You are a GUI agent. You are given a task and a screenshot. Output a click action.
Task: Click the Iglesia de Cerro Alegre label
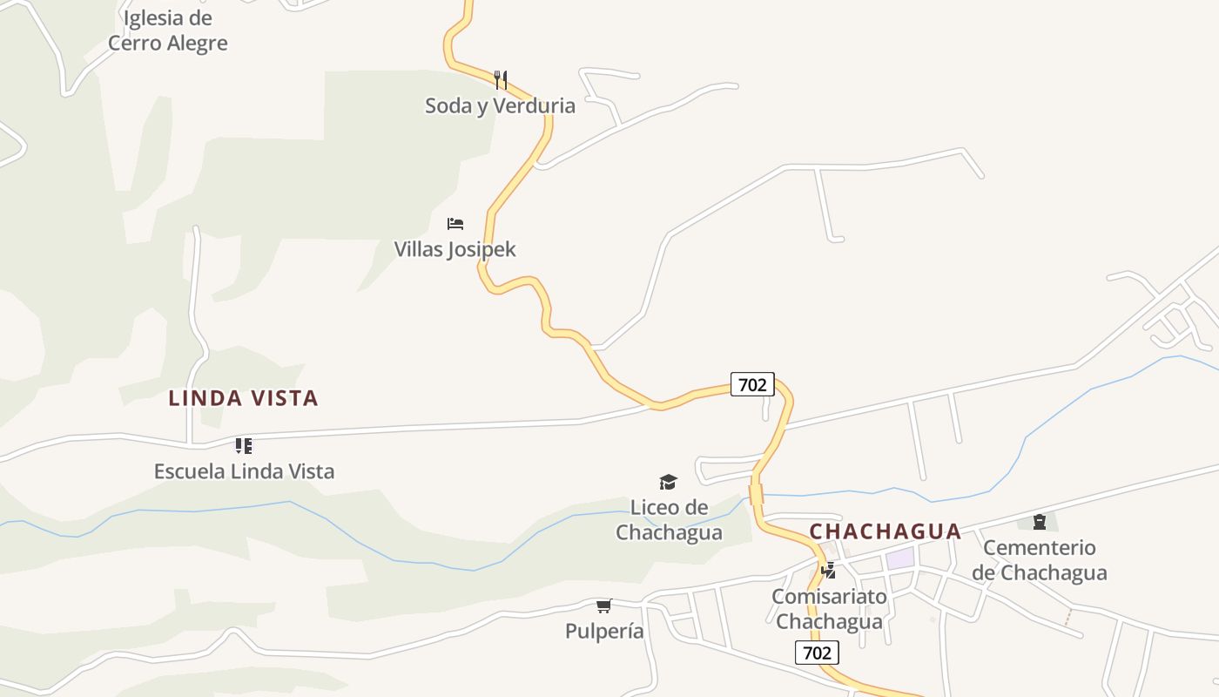pos(167,30)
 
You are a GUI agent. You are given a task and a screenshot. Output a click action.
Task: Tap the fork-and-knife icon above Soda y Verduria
pos(501,80)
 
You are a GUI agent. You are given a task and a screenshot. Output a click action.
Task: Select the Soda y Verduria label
pos(500,106)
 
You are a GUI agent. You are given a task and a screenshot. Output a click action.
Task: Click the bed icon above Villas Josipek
pos(455,224)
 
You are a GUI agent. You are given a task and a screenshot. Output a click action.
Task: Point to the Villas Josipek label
pos(455,250)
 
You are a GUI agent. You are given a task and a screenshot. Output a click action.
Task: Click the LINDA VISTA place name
pos(243,399)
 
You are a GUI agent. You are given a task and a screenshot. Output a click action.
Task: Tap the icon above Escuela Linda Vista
pos(244,446)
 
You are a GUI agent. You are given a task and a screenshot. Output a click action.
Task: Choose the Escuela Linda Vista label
pos(244,472)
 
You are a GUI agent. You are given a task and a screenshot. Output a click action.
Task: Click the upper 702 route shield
pos(751,384)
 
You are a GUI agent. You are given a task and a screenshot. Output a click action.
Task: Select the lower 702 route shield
pos(817,653)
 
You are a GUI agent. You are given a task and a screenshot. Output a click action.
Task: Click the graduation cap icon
pos(668,482)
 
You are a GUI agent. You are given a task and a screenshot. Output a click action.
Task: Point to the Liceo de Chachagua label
pos(669,520)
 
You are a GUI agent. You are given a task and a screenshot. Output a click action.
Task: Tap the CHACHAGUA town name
pos(886,531)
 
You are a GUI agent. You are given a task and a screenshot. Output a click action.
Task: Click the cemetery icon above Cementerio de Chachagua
pos(1039,522)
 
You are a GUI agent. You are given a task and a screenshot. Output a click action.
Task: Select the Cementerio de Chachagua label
pos(1040,560)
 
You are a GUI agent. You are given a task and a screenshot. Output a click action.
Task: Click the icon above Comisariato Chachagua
pos(829,571)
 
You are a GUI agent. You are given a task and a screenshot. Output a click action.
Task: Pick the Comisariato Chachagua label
pos(829,609)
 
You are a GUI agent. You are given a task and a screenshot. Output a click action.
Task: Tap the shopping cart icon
pos(604,606)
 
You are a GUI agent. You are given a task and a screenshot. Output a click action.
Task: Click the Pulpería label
pos(604,632)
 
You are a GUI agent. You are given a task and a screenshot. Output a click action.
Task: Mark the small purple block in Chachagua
pos(900,558)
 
